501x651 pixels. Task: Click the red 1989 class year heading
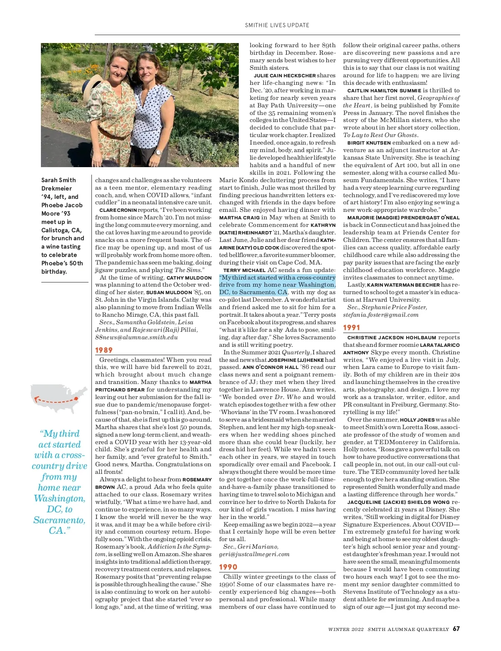[x=104, y=350]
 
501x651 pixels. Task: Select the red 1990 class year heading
[x=228, y=567]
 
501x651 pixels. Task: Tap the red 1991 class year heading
[x=352, y=328]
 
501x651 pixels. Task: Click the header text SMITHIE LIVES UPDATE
[x=277, y=25]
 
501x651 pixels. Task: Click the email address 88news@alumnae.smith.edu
[x=136, y=337]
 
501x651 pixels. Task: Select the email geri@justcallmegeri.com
[x=254, y=554]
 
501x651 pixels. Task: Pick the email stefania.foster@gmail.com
[x=381, y=315]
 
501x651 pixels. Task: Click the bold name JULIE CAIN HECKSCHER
[x=285, y=76]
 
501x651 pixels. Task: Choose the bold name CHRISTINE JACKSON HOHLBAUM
[x=392, y=338]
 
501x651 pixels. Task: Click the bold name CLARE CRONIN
[x=118, y=210]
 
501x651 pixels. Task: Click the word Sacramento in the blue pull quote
[x=59, y=520]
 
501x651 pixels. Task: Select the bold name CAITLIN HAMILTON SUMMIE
[x=384, y=91]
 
